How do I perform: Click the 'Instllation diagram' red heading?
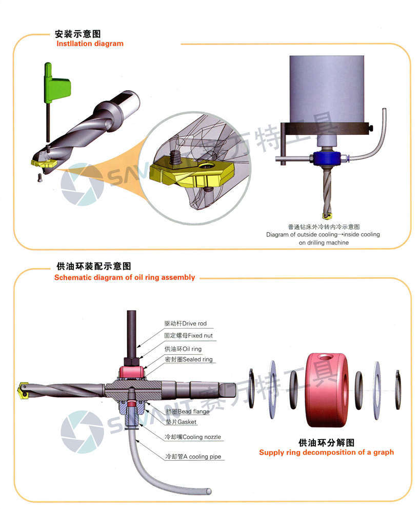point(90,44)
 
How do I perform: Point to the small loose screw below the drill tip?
point(39,177)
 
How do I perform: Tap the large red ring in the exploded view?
point(327,390)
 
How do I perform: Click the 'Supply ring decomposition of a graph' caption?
point(326,452)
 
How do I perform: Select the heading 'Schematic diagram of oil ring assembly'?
point(125,277)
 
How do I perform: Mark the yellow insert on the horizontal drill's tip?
point(23,390)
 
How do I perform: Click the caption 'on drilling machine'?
point(324,242)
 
